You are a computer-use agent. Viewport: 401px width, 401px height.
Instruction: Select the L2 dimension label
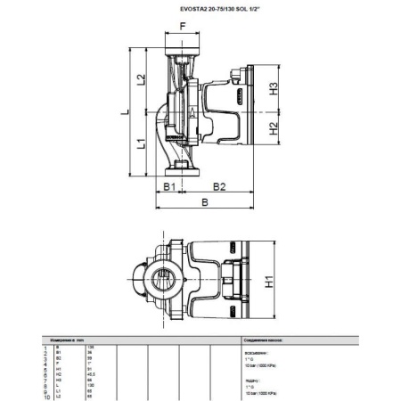coord(141,81)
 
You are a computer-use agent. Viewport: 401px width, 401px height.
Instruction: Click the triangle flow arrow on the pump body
coord(191,111)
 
